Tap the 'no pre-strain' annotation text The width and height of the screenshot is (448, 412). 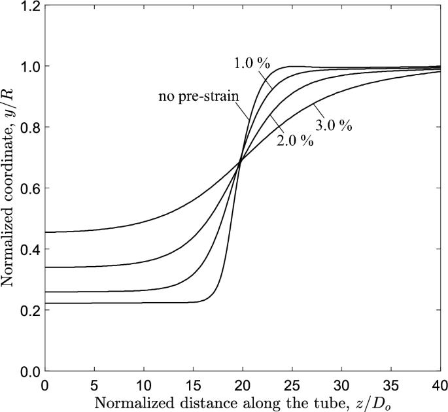pos(198,97)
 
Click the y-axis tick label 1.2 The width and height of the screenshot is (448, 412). pos(27,6)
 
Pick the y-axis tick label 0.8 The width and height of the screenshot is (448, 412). pos(27,128)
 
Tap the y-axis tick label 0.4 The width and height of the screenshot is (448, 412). pos(27,249)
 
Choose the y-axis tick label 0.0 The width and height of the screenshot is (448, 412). pos(27,371)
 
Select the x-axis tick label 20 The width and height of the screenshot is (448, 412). pos(242,383)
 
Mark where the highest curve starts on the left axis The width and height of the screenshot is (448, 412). pos(45,232)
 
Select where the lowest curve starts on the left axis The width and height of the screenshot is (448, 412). pos(45,303)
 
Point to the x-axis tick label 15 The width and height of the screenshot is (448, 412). pos(192,383)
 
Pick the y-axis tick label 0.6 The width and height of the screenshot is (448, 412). pos(27,188)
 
